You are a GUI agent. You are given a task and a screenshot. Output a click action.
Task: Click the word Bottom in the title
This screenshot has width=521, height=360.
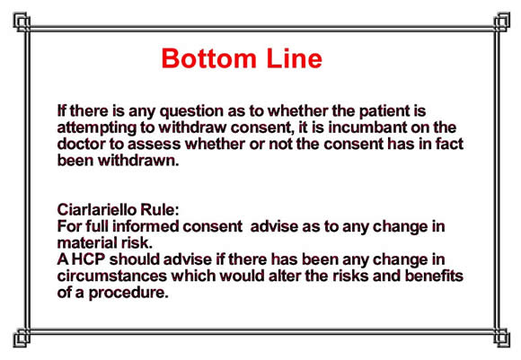pos(208,58)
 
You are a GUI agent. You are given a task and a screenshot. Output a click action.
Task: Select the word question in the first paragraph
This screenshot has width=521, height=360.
pos(191,112)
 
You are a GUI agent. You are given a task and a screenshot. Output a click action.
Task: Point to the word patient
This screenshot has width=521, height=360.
pos(384,111)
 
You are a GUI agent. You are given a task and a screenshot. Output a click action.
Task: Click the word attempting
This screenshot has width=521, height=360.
pos(97,128)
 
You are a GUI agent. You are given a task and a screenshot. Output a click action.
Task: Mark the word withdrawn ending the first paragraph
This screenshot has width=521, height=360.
pos(138,161)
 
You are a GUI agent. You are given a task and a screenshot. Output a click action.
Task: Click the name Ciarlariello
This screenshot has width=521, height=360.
pos(97,210)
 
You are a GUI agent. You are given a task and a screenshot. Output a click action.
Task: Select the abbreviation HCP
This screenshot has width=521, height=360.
pos(88,259)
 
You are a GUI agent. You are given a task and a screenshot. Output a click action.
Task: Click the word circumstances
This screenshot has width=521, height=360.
pos(112,277)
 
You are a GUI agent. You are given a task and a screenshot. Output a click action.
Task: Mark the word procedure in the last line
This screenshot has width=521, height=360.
pos(128,294)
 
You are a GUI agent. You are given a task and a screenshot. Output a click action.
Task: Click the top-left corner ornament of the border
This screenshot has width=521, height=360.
pos(22,22)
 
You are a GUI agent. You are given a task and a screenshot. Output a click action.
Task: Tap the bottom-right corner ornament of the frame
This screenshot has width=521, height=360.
pos(501,338)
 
